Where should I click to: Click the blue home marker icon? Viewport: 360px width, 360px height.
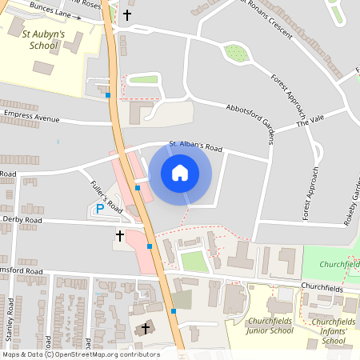tap(180, 172)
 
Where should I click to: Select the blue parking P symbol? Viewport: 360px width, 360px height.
tap(100, 209)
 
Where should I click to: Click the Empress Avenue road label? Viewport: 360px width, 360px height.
tap(31, 116)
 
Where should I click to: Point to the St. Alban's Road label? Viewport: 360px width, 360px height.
tap(195, 146)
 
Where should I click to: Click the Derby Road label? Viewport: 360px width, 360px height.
tap(22, 218)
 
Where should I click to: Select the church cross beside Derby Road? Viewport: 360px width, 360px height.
tap(120, 235)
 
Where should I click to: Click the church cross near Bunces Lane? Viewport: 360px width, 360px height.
tap(127, 14)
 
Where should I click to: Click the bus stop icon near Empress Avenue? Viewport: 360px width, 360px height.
tap(108, 95)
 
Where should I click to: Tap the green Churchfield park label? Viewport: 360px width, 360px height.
tap(338, 264)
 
